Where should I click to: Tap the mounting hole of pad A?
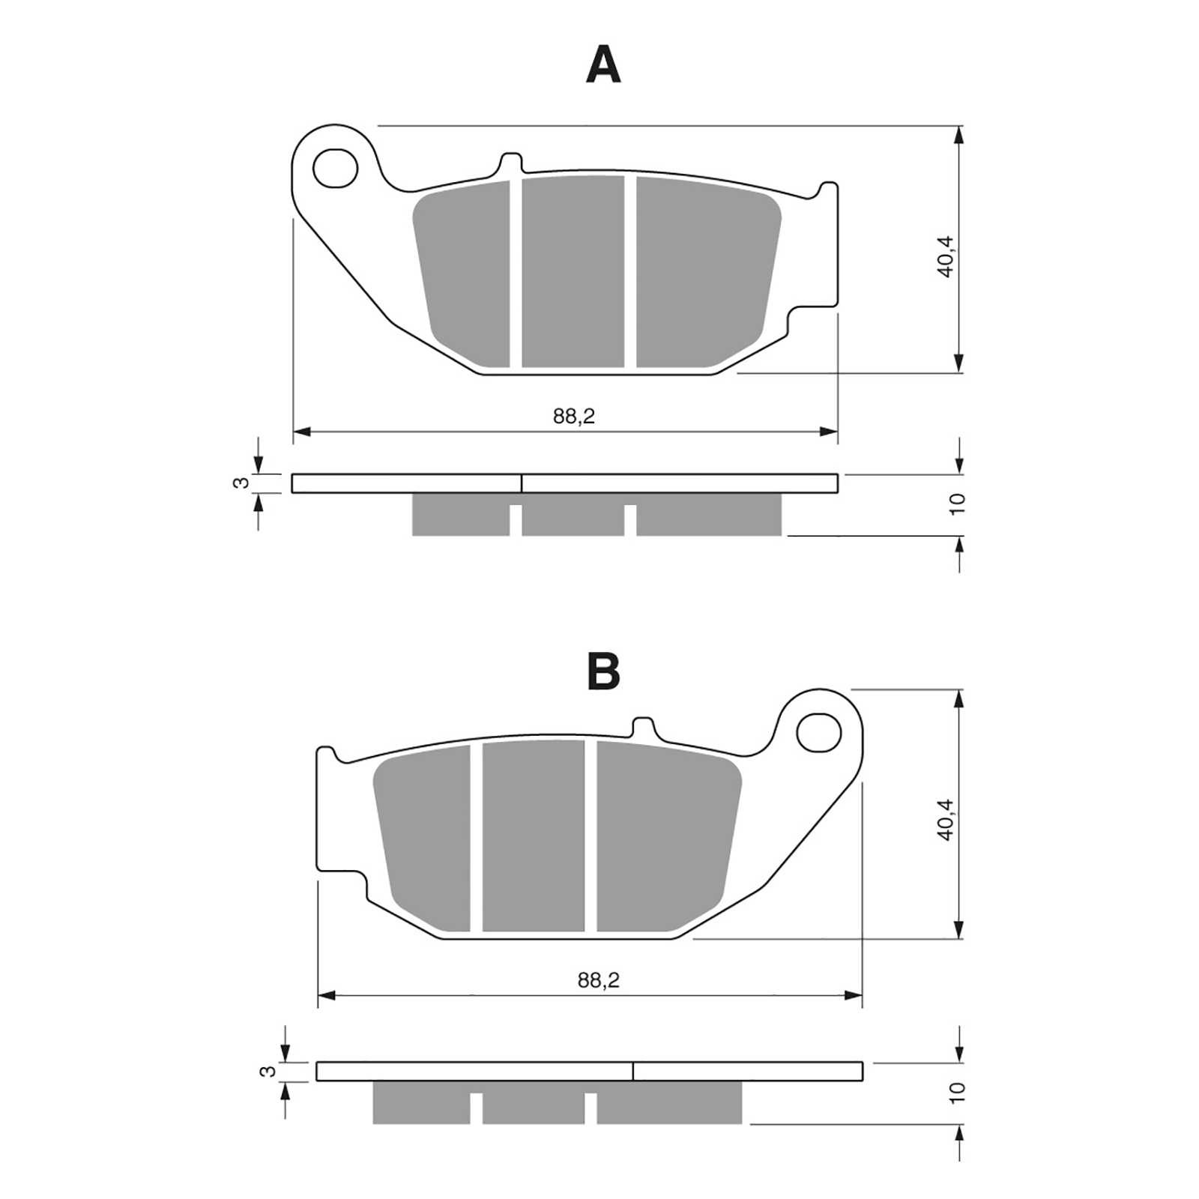(336, 168)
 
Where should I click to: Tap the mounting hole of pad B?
(818, 732)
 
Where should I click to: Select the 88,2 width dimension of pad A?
(574, 416)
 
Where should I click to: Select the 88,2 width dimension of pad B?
(599, 980)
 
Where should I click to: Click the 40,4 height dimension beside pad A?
(946, 256)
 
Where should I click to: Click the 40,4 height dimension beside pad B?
(946, 819)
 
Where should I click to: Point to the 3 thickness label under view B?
(266, 1072)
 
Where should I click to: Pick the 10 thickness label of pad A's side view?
(957, 504)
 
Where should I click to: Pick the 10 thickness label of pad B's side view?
(957, 1093)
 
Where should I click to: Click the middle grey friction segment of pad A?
(573, 271)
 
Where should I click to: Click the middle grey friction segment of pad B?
(534, 836)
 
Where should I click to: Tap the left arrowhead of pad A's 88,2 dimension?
(302, 432)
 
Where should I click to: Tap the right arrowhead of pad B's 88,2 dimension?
(854, 996)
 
